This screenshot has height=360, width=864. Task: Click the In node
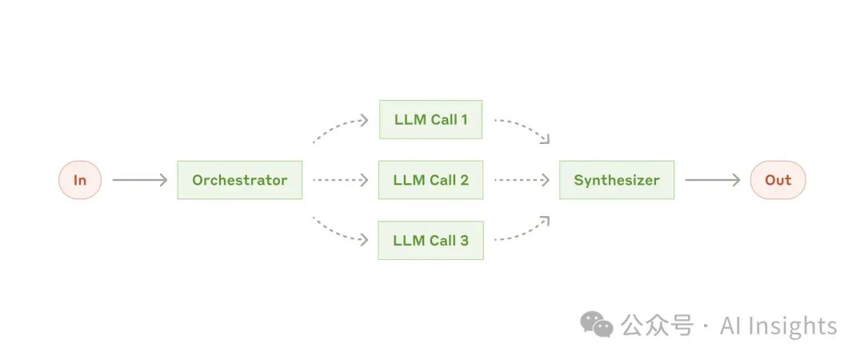(x=80, y=180)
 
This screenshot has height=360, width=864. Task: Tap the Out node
(x=778, y=180)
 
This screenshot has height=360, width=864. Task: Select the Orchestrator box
(x=239, y=180)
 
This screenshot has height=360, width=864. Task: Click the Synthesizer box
(x=616, y=180)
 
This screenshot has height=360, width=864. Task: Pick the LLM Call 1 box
(x=430, y=120)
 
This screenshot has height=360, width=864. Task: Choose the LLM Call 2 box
(x=430, y=180)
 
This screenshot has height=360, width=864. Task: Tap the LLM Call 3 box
(x=430, y=240)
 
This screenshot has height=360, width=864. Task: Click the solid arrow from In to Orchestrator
(x=139, y=180)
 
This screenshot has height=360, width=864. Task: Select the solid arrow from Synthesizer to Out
(x=712, y=180)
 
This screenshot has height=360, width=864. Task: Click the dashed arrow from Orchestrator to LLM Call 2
(x=340, y=180)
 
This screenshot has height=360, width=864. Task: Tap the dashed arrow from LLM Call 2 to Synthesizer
(x=522, y=180)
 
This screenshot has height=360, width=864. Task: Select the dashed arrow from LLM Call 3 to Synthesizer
(x=524, y=232)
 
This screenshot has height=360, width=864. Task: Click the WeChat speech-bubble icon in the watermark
(x=597, y=324)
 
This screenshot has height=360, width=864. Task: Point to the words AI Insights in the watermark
(x=778, y=326)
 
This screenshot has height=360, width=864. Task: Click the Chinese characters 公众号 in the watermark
(x=656, y=326)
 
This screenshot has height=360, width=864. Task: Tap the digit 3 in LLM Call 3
(x=464, y=240)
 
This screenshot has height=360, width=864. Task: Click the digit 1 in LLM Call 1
(x=463, y=120)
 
